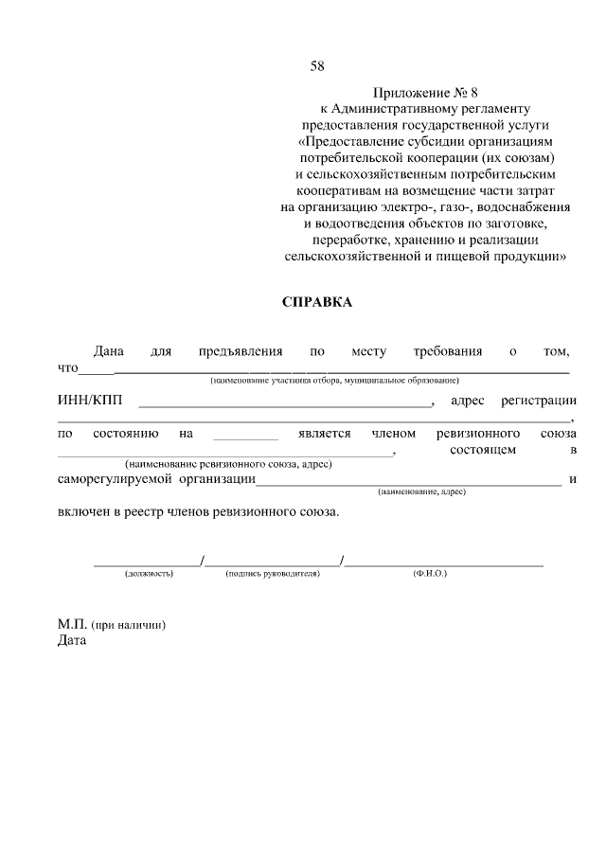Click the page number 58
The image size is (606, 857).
[x=317, y=65]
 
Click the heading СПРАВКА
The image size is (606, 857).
[x=317, y=302]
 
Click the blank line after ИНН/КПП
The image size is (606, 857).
[x=285, y=405]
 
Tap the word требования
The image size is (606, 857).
[x=448, y=352]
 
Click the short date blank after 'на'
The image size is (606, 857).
[x=245, y=437]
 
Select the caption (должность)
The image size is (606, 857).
[x=148, y=574]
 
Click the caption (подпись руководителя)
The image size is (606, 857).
[x=273, y=574]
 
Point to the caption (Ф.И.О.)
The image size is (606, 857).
[x=430, y=574]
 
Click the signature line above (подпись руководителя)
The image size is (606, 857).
[x=273, y=564]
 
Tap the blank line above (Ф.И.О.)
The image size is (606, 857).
[x=444, y=564]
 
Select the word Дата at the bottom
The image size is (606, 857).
[x=71, y=640]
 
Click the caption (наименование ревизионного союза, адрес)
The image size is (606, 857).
[x=228, y=465]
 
